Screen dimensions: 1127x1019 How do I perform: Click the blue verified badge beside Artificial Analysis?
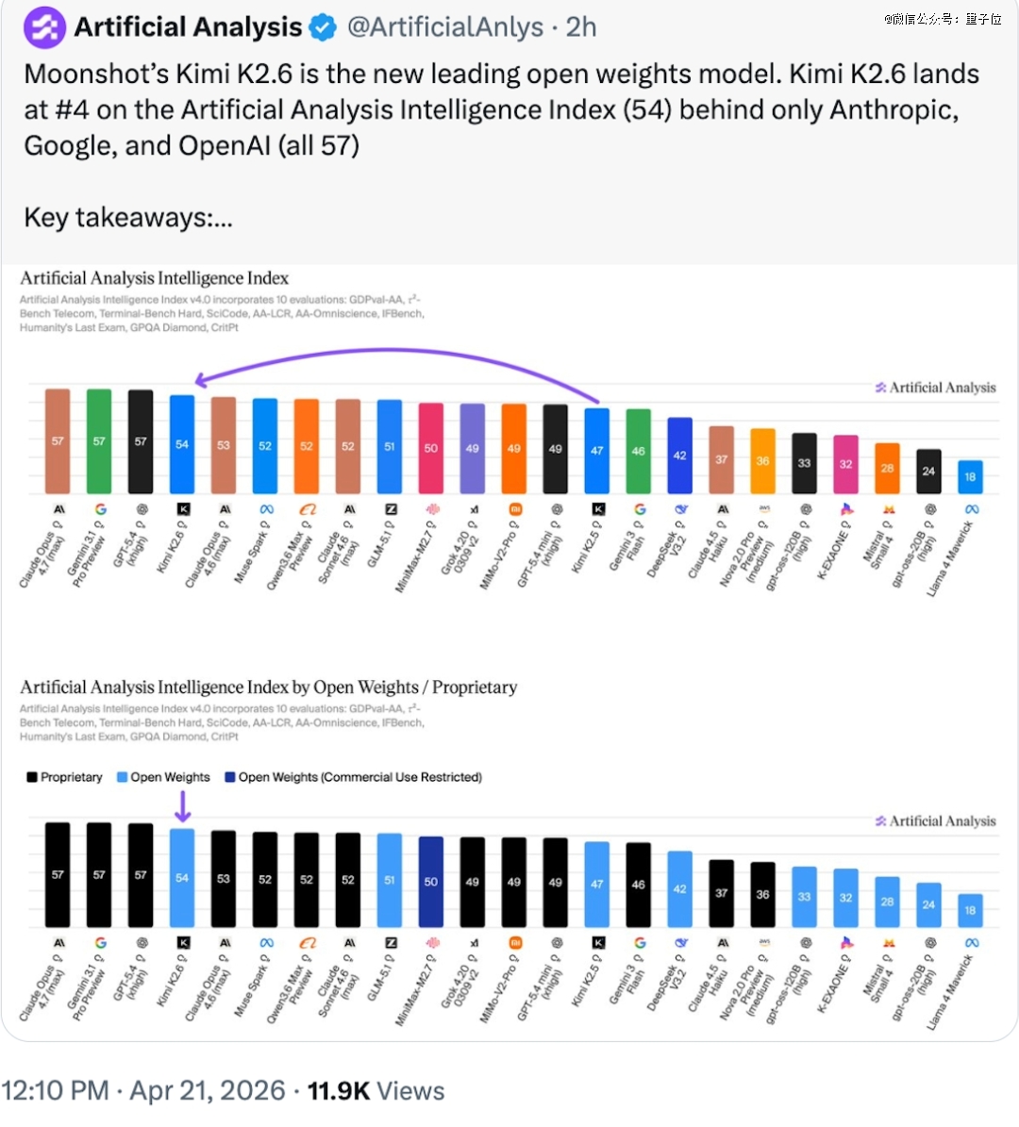(323, 28)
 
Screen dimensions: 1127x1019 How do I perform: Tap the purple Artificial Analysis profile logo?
(44, 27)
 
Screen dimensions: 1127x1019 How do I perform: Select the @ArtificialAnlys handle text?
(444, 27)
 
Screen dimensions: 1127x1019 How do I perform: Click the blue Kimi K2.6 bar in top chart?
(182, 444)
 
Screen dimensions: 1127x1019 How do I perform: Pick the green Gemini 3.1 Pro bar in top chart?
(99, 441)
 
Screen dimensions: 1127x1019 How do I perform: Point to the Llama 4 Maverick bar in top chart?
(970, 477)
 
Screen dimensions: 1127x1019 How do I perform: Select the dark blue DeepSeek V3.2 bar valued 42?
(679, 456)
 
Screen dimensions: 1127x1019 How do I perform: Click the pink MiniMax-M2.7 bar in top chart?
(431, 449)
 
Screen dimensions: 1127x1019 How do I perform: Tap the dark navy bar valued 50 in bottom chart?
(431, 882)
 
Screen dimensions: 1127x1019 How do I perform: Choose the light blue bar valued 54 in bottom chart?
(182, 878)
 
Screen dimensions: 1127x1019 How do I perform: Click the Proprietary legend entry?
(64, 777)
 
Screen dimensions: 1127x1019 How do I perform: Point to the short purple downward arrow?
(183, 806)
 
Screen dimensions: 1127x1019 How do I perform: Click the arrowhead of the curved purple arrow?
(200, 380)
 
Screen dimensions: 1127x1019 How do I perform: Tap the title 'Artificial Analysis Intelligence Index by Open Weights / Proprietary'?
(268, 688)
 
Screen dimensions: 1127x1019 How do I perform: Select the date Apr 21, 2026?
(208, 1091)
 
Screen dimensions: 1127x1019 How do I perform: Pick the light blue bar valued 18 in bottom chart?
(970, 910)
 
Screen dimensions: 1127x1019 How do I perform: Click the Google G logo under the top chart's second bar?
(100, 509)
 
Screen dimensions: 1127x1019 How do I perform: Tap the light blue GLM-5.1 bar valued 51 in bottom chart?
(390, 880)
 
